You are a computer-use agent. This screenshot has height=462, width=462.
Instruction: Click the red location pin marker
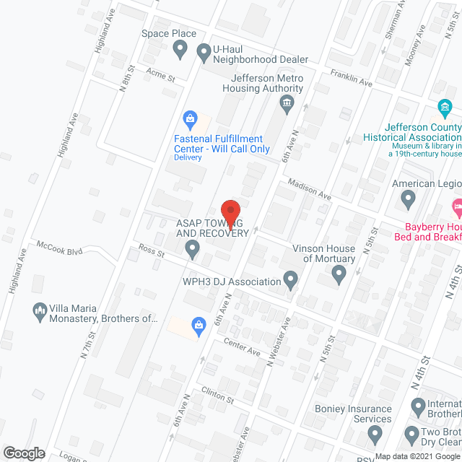tap(230, 213)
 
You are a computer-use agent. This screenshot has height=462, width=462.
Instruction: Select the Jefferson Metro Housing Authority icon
tap(287, 104)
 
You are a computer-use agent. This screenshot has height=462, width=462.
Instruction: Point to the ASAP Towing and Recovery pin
tap(192, 250)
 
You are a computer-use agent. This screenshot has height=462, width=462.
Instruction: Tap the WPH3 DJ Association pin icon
tap(291, 278)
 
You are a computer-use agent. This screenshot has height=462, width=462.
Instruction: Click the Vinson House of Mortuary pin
tap(339, 274)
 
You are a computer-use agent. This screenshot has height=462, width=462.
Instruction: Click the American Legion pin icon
tap(409, 198)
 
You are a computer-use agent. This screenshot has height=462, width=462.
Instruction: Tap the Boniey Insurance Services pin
tap(374, 434)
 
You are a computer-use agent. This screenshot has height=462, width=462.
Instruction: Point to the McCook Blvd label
tap(61, 250)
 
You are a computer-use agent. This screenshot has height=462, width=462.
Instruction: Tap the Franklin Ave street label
tap(351, 78)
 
